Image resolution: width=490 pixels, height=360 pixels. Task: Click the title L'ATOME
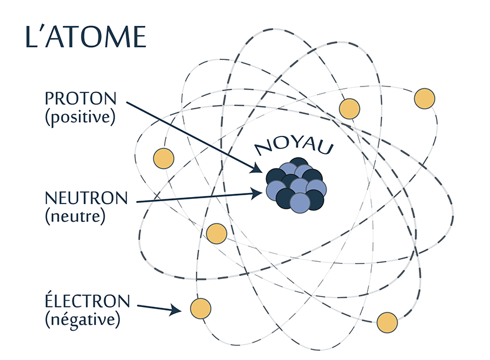click(85, 36)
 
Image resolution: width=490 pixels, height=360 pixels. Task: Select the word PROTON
click(81, 98)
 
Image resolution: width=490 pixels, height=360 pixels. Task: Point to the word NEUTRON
click(86, 198)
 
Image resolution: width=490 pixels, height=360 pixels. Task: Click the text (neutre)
click(75, 216)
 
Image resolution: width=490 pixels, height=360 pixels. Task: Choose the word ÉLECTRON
click(87, 301)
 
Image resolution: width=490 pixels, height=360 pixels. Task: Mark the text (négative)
click(82, 320)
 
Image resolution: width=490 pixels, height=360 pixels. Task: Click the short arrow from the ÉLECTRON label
click(158, 307)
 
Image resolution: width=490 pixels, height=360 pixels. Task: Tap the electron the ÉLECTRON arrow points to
click(201, 308)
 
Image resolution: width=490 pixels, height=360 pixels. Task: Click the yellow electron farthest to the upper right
click(424, 98)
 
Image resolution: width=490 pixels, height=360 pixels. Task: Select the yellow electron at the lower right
click(386, 322)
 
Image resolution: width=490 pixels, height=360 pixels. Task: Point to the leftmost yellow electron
click(164, 158)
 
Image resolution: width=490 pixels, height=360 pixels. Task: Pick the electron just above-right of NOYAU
click(349, 108)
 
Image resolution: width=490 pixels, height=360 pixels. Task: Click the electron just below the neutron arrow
click(216, 234)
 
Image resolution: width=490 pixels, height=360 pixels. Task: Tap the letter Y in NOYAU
click(292, 144)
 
